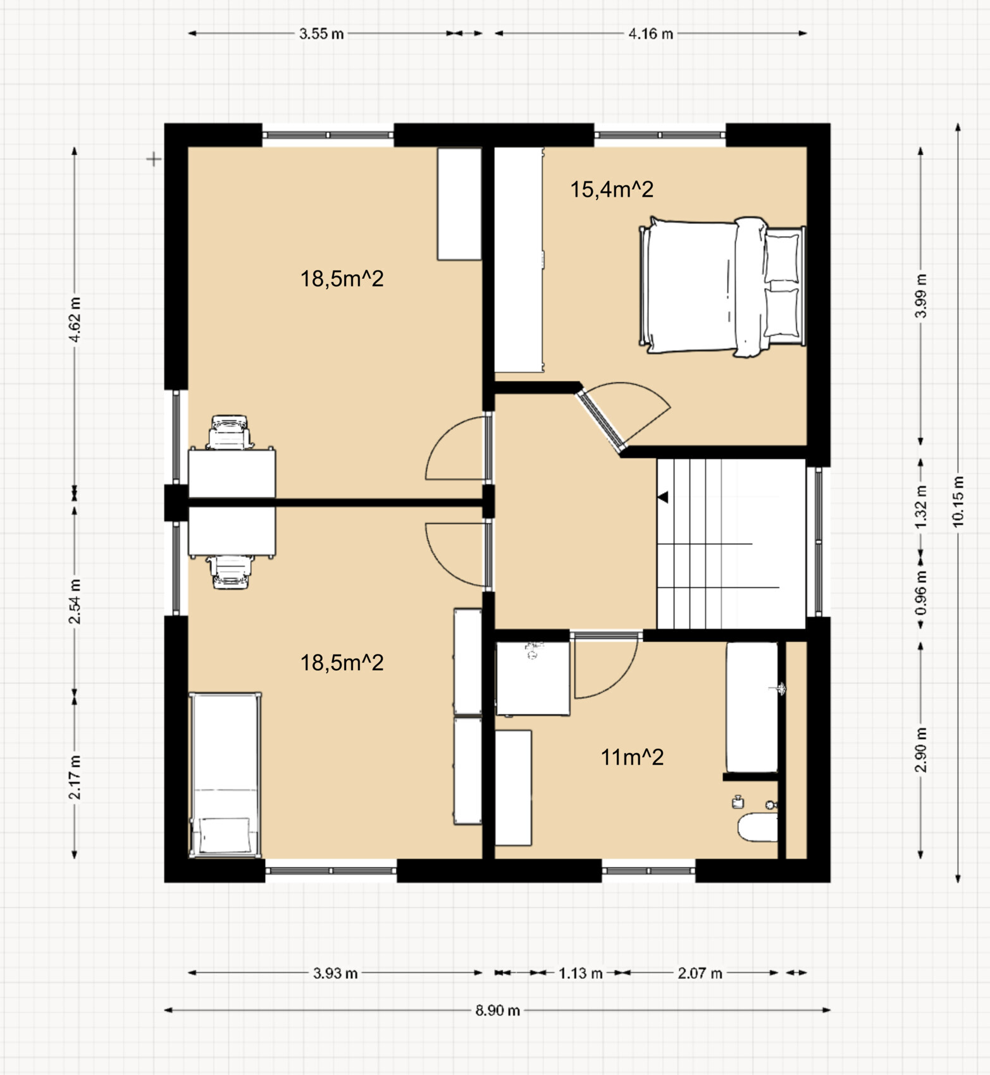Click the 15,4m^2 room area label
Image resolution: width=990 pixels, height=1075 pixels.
point(612,189)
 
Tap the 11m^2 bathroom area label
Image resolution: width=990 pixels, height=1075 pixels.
point(632,757)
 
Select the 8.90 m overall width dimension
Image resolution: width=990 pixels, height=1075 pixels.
point(498,1010)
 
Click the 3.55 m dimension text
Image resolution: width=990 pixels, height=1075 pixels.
point(321,34)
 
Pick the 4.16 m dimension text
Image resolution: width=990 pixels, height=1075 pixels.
point(651,34)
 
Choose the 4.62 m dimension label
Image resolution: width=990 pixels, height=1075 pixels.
point(75,319)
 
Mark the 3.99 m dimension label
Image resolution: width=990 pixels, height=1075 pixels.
point(921,296)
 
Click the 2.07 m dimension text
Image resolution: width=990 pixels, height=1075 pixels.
point(700,973)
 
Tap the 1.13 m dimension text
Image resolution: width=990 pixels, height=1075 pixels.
point(580,973)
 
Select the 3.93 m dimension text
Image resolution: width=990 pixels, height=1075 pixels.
point(335,973)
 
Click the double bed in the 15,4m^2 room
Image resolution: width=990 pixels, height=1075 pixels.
point(722,286)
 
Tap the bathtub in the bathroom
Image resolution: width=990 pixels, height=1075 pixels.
point(752,708)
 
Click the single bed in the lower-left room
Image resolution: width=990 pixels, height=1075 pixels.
point(225,775)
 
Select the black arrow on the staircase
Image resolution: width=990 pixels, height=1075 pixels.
point(663,498)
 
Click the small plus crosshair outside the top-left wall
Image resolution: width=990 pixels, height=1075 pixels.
point(154,159)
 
